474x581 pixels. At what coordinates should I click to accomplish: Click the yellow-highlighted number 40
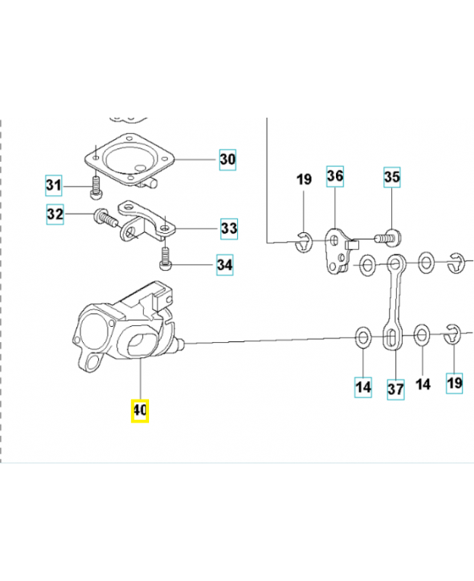[x=140, y=410]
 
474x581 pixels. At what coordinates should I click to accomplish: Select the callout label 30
[x=228, y=158]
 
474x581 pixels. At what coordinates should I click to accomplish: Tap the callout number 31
[x=53, y=187]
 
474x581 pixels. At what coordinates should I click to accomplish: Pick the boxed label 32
[x=55, y=214]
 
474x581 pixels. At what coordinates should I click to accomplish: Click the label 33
[x=229, y=229]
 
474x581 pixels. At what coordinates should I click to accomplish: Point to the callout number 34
[x=225, y=265]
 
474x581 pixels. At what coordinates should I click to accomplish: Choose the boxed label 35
[x=392, y=177]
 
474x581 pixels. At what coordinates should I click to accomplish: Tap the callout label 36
[x=334, y=176]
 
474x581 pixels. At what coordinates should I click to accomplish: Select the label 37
[x=395, y=389]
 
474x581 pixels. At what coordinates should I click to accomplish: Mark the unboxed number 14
[x=422, y=384]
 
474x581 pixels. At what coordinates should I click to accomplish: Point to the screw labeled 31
[x=95, y=188]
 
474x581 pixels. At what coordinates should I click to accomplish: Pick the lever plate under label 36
[x=337, y=253]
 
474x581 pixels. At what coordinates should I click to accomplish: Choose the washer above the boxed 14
[x=362, y=337]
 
